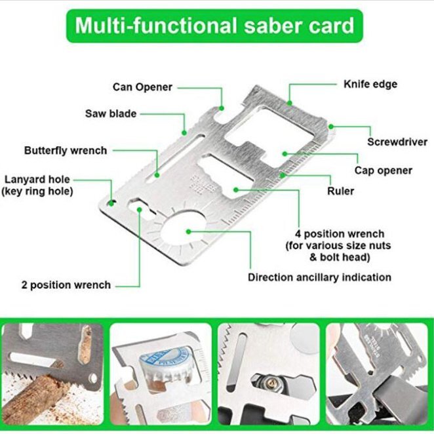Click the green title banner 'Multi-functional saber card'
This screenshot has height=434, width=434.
[x=214, y=26]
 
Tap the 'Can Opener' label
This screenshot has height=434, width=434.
[x=142, y=87]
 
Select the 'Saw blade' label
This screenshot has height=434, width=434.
[x=111, y=113]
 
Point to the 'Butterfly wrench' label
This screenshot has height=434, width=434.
[x=66, y=151]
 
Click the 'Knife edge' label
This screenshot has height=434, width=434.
[x=370, y=84]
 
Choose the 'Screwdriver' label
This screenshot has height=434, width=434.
[x=397, y=142]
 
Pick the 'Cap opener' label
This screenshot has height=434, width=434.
[x=384, y=170]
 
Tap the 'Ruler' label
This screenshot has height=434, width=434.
[x=340, y=191]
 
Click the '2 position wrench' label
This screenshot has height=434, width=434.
[x=66, y=285]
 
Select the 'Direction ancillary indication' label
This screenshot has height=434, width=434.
[x=319, y=277]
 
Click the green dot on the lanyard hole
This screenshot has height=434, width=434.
[x=111, y=203]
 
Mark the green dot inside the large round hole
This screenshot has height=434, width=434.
[x=189, y=231]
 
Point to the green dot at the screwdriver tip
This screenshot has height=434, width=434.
[x=331, y=127]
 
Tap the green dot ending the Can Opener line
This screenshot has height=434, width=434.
[x=222, y=108]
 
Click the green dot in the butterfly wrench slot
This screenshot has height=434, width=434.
[x=157, y=175]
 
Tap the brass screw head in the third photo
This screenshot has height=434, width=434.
[x=271, y=383]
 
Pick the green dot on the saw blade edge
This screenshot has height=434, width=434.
[x=184, y=133]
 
